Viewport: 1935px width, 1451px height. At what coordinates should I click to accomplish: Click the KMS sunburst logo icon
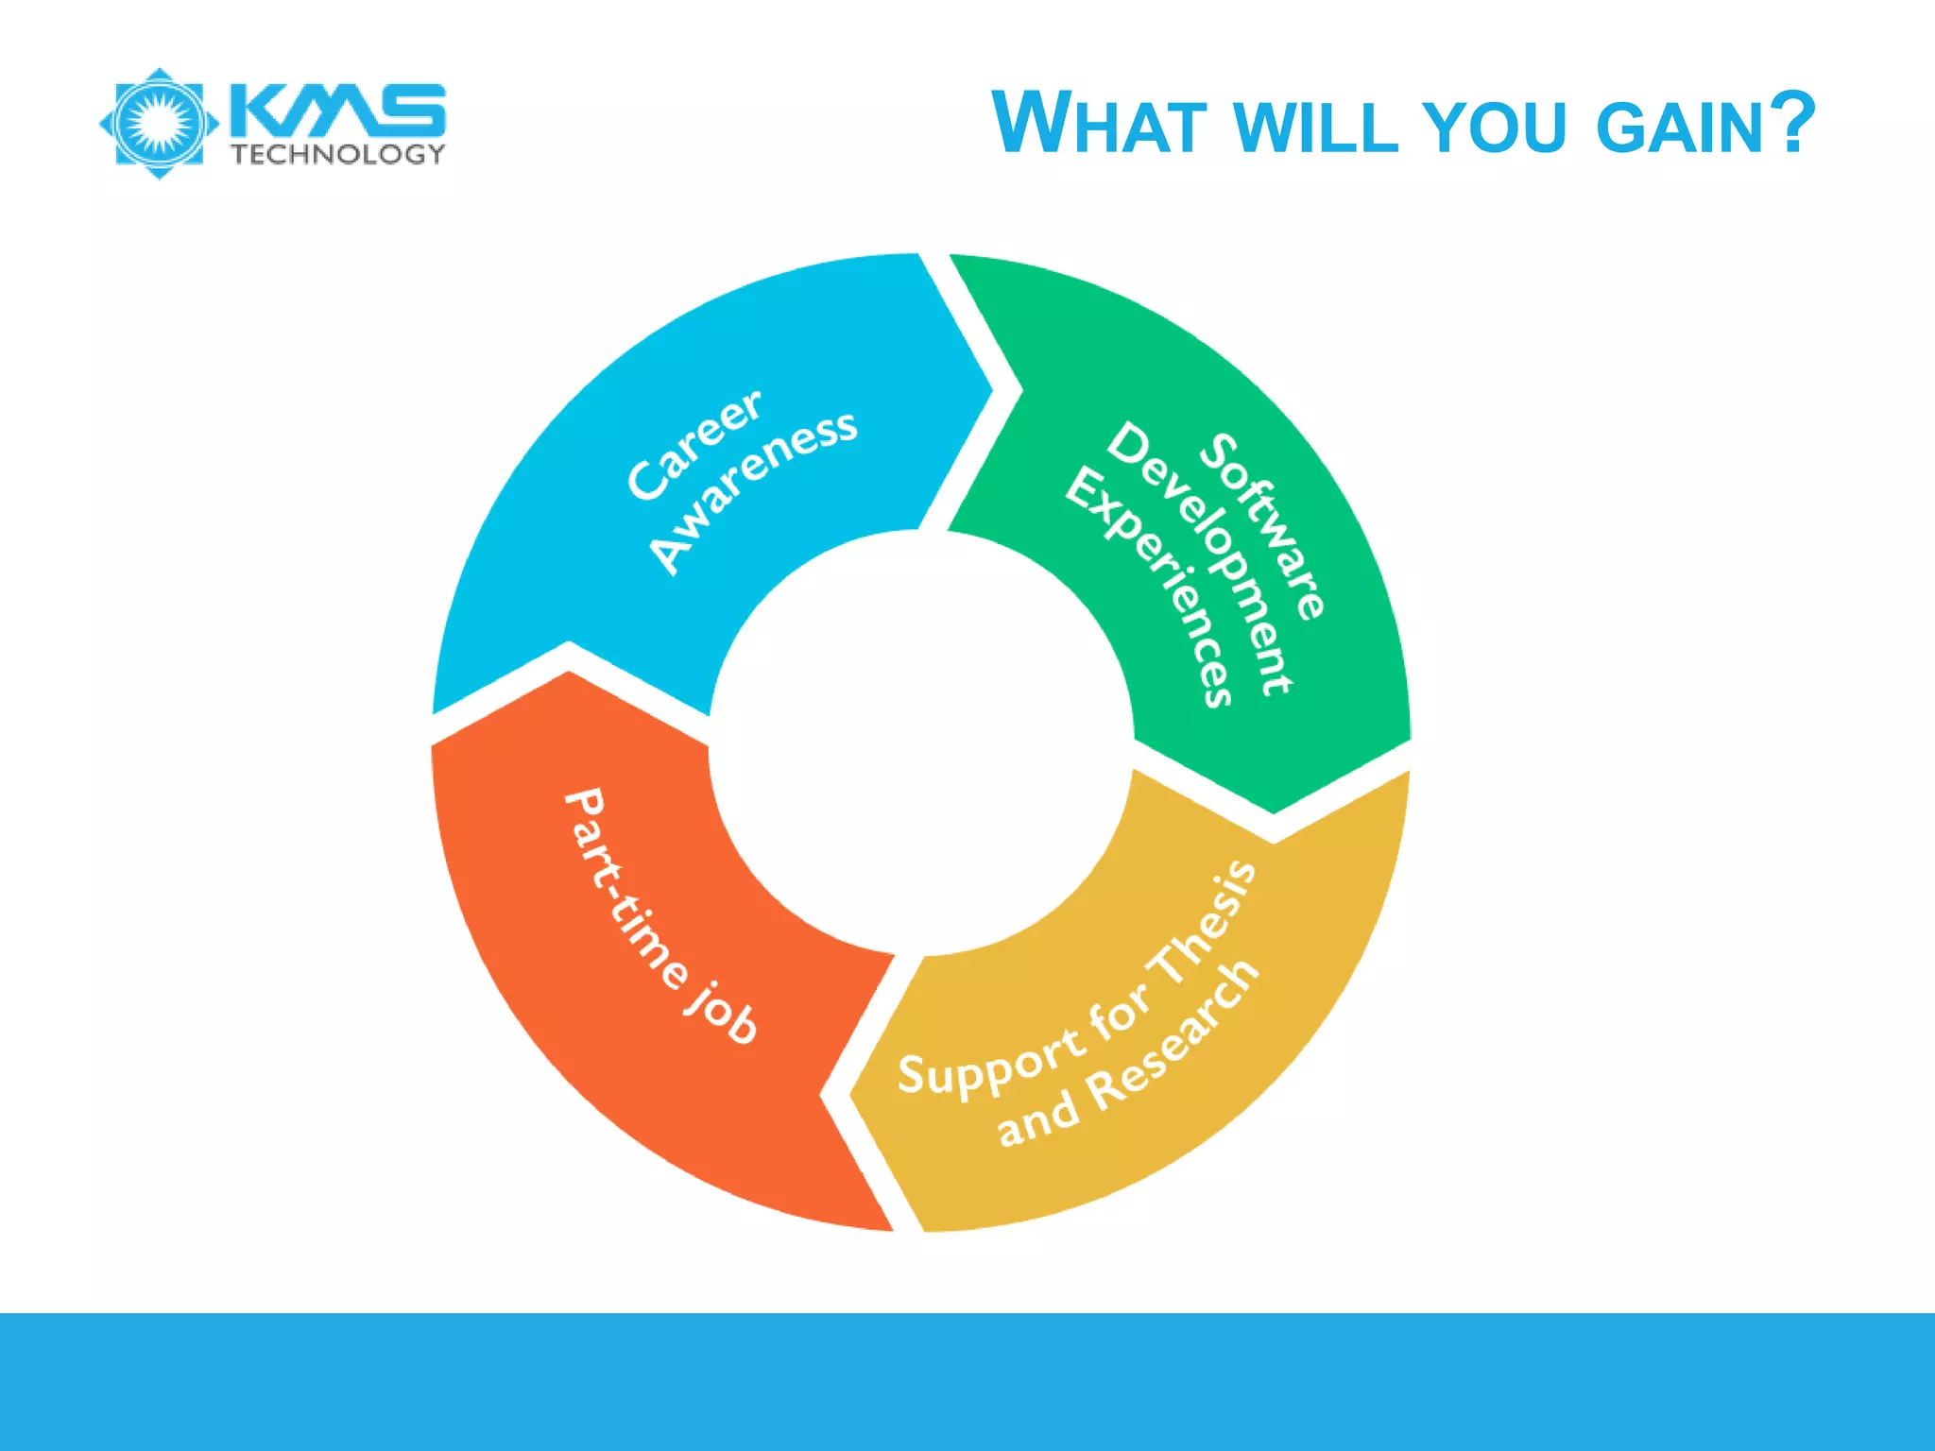(159, 123)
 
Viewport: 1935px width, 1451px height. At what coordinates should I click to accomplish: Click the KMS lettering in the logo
(337, 109)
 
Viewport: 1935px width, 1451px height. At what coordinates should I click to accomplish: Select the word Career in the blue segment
(694, 443)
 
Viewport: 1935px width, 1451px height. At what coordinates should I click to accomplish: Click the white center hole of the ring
(921, 743)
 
